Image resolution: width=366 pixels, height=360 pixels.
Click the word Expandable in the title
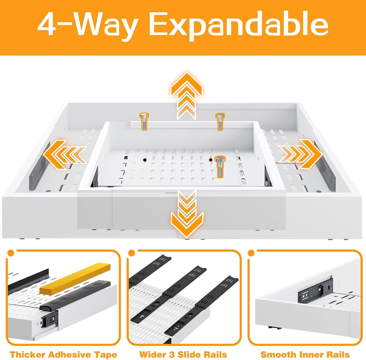(239, 26)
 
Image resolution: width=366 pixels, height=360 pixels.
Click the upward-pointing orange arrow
(186, 95)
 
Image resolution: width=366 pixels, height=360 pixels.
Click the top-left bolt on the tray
(144, 121)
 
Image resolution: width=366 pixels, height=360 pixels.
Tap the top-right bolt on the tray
(220, 121)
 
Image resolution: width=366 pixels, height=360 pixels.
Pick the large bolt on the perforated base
(220, 167)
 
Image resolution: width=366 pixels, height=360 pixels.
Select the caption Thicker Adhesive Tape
(63, 355)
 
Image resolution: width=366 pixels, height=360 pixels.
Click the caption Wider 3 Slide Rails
(183, 355)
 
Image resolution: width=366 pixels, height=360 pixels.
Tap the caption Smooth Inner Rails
(305, 355)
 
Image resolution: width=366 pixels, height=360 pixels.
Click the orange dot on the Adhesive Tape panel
(11, 253)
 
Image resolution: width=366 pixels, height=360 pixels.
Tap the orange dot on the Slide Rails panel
(131, 253)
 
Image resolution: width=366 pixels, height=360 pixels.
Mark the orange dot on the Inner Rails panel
(251, 253)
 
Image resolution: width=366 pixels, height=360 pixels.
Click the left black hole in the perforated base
(145, 160)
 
